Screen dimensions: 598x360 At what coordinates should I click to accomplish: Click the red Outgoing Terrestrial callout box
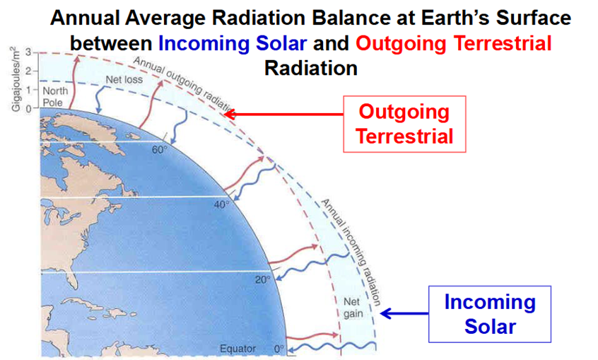(404, 124)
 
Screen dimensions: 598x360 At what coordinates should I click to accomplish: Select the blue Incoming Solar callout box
(490, 314)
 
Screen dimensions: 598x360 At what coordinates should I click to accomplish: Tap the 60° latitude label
(160, 150)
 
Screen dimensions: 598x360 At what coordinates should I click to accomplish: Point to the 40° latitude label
(221, 205)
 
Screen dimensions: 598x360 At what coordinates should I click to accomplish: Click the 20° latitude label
(263, 280)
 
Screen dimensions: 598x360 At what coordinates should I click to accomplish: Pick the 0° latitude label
(279, 349)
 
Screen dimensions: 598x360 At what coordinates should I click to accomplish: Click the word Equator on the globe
(238, 349)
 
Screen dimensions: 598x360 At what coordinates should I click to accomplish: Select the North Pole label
(54, 97)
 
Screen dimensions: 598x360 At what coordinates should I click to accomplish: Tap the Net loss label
(124, 80)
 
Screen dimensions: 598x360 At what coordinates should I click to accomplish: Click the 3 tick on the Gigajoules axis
(28, 52)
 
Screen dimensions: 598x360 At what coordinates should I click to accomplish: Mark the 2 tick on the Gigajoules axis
(28, 71)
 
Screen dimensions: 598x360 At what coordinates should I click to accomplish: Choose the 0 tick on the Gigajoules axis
(28, 109)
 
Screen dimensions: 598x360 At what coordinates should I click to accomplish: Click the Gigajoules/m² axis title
(16, 79)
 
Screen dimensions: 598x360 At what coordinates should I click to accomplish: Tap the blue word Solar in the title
(281, 43)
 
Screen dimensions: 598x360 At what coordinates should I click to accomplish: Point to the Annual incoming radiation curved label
(351, 252)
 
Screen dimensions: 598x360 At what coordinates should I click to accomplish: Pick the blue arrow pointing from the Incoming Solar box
(404, 314)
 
